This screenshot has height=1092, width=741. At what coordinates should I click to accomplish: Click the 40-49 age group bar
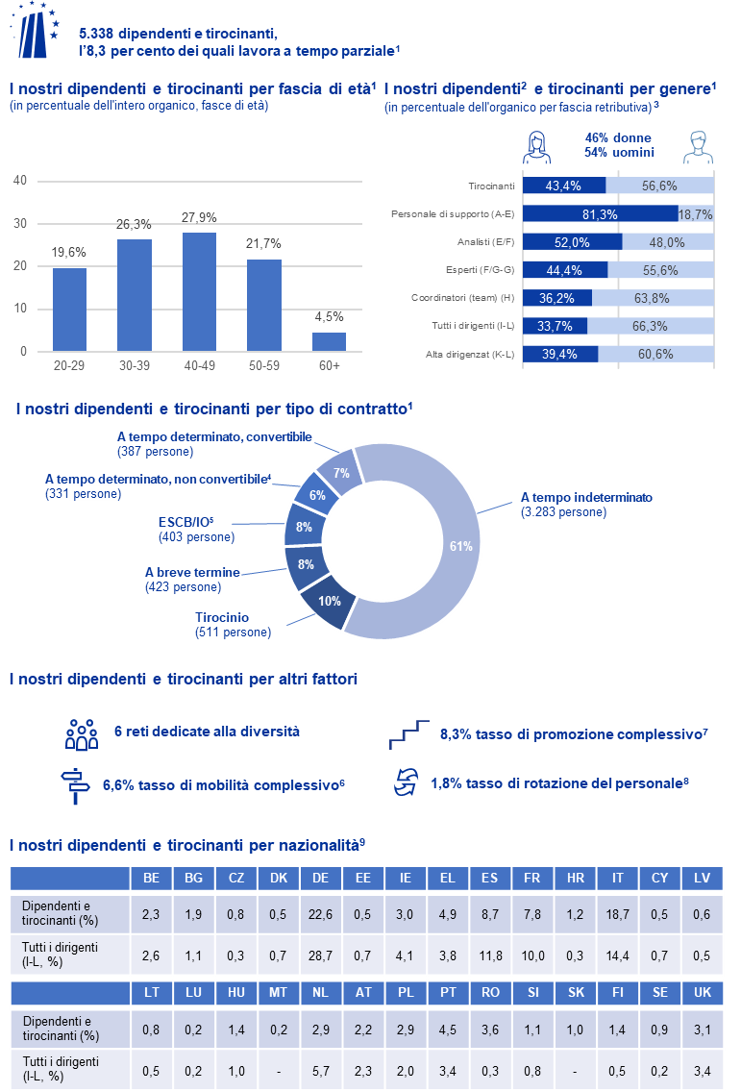click(199, 292)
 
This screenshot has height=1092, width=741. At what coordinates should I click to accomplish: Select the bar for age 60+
click(329, 341)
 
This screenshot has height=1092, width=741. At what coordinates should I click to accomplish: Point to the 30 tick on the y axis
click(20, 224)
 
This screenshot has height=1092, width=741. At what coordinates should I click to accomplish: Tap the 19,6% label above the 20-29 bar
click(69, 252)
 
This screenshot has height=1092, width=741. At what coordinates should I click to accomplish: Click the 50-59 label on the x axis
click(264, 365)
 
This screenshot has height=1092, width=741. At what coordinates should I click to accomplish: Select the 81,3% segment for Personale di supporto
click(601, 214)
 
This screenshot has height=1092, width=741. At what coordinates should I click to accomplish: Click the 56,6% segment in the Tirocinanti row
click(659, 186)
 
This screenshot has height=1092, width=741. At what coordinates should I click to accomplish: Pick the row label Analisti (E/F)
click(486, 242)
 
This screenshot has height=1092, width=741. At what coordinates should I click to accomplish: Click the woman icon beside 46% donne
click(536, 147)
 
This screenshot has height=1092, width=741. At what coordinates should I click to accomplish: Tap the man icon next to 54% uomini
click(698, 147)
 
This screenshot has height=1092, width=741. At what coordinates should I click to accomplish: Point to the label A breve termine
click(192, 573)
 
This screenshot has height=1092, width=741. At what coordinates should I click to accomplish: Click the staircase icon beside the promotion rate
click(408, 735)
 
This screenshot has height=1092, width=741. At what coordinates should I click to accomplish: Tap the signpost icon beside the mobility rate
click(75, 786)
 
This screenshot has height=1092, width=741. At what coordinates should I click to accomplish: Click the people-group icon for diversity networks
click(82, 734)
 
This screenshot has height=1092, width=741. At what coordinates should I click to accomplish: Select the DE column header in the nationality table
click(320, 879)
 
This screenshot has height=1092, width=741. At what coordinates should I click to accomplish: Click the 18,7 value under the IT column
click(617, 914)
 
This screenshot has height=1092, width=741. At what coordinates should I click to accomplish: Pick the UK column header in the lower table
click(702, 992)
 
